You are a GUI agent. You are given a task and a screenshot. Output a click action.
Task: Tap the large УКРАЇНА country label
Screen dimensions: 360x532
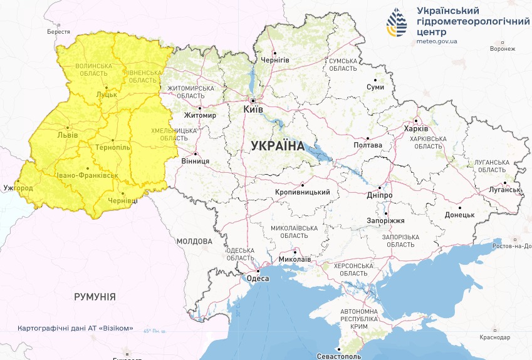click(x=277, y=146)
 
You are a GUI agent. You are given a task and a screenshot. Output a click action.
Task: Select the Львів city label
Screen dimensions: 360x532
click(x=67, y=135)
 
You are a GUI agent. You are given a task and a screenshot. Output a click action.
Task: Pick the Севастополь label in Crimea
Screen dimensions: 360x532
click(x=339, y=356)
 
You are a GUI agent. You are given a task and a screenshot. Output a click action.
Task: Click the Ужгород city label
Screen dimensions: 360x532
click(x=18, y=188)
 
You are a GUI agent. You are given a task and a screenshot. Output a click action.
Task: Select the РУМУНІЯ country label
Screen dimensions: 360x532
click(x=95, y=297)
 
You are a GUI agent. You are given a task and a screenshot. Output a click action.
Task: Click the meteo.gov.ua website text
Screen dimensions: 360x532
click(x=437, y=41)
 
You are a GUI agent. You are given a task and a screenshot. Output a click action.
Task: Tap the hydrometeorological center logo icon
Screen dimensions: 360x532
click(x=396, y=24)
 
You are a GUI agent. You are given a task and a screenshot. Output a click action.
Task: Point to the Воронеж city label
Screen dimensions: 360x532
click(x=503, y=49)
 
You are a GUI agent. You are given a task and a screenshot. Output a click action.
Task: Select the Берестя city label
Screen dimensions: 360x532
click(x=58, y=31)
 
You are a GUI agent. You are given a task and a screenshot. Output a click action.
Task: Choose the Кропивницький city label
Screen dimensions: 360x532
click(x=303, y=193)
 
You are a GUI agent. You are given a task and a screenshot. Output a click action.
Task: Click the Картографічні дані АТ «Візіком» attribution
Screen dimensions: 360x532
click(x=75, y=329)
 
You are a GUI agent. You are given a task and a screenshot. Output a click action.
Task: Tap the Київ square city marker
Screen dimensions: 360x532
click(x=253, y=100)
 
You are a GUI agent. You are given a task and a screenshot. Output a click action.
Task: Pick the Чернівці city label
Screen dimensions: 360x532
click(x=123, y=200)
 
